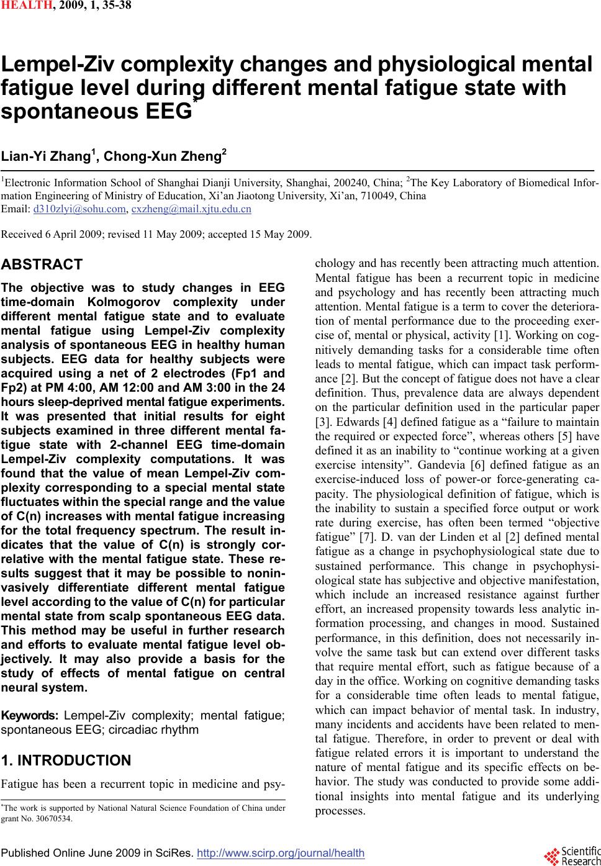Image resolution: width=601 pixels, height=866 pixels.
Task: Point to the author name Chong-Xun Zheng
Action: pos(163,156)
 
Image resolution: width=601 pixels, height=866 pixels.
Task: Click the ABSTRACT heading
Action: pos(42,264)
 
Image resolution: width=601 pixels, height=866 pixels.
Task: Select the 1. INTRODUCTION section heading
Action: pos(66,760)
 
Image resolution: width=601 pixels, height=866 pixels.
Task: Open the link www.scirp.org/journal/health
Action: pos(280,853)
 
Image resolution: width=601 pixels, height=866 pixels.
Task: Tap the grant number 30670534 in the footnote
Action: pos(55,818)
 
